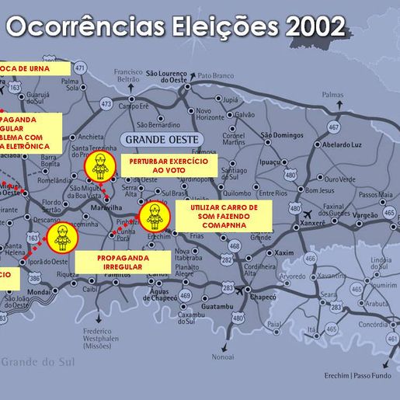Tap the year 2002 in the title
[315, 26]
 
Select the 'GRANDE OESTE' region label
[161, 140]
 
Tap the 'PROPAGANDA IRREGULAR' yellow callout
[123, 263]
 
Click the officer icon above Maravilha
[99, 166]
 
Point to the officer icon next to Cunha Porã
[153, 216]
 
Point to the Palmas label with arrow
[332, 95]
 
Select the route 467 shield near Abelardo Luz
[333, 127]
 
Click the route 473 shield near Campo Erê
[106, 103]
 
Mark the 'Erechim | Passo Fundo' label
[358, 375]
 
